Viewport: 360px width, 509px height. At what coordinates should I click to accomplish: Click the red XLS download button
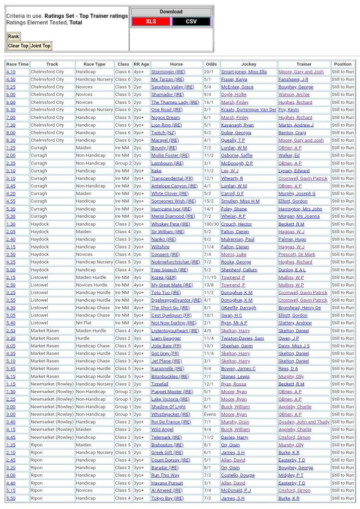151,21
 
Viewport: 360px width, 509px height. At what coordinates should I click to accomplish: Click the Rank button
13,36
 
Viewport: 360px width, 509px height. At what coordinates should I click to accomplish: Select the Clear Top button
18,46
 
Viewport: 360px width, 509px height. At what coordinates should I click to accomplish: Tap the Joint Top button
40,46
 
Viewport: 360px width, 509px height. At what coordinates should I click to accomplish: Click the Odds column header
211,64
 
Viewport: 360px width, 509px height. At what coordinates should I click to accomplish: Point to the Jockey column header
249,64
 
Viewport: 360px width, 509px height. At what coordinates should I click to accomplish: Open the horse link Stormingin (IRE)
168,72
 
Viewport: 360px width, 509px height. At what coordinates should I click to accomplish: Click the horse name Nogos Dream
166,117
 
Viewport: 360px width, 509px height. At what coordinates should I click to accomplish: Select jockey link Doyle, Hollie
234,94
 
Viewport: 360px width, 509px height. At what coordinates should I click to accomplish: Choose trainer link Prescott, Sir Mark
297,254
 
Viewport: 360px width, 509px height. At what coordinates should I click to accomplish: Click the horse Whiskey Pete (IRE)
170,224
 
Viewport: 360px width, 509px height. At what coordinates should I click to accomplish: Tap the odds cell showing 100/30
211,224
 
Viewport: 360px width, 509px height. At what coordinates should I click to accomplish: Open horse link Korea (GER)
164,277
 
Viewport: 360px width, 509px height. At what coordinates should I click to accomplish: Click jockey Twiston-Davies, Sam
243,338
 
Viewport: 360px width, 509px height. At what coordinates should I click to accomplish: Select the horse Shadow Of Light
168,407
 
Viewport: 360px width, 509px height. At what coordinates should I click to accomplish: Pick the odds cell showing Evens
211,414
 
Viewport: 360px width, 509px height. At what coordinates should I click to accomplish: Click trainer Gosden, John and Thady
304,422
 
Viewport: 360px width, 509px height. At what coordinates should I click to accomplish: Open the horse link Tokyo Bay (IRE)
167,498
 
